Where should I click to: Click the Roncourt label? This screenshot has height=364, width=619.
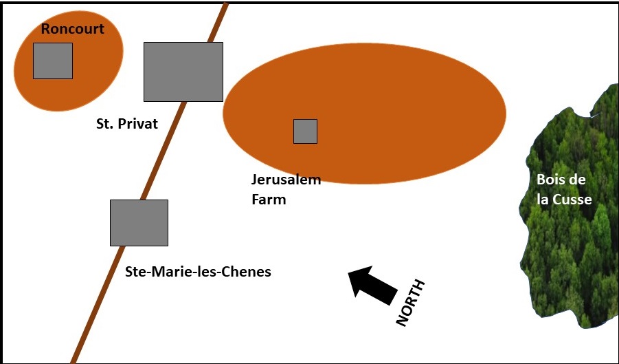[x=73, y=29]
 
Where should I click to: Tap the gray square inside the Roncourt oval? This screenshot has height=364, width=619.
[x=53, y=61]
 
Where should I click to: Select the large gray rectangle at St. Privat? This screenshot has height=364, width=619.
[x=183, y=72]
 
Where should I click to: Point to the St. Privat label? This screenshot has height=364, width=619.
[x=127, y=125]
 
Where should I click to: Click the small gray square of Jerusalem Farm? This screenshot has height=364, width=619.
[x=305, y=131]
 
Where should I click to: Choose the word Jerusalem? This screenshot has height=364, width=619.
[x=286, y=180]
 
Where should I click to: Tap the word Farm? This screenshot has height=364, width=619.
[x=268, y=200]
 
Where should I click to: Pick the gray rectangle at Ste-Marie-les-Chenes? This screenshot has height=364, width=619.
[x=139, y=222]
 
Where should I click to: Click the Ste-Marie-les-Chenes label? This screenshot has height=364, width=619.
[x=198, y=272]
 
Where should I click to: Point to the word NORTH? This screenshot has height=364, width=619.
[x=412, y=303]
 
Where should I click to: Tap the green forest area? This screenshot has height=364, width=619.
[x=570, y=261]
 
